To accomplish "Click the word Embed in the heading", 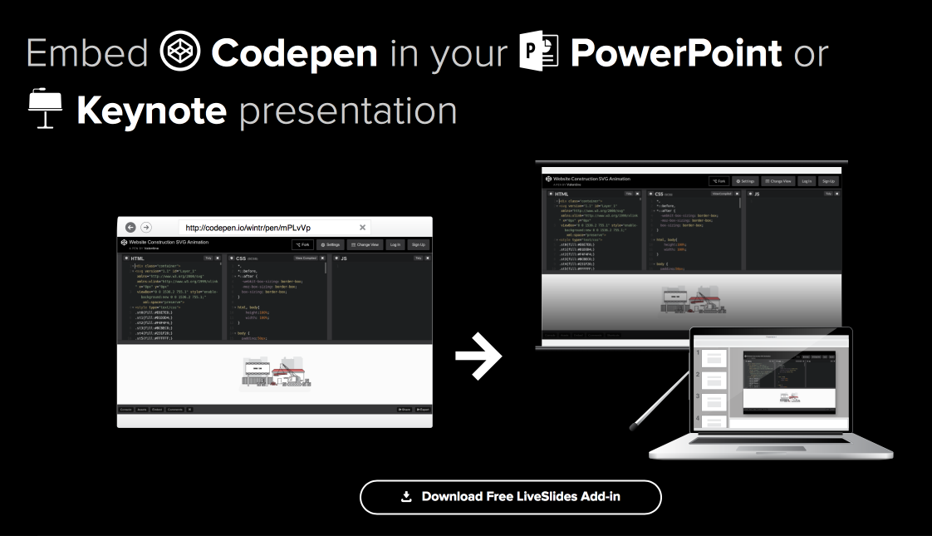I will (87, 53).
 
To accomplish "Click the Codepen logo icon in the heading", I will (180, 52).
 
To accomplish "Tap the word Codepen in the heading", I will (294, 53).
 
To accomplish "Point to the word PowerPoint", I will (676, 53).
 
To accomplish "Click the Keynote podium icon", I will (44, 109).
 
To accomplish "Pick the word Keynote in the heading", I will (151, 111).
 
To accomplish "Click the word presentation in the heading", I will (348, 111).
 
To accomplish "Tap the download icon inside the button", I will (406, 497).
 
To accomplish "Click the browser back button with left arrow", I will (130, 227).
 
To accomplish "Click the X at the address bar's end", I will (362, 227).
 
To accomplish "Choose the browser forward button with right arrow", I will (145, 227).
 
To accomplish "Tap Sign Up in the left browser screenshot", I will (418, 244).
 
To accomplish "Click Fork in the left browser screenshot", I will (303, 244).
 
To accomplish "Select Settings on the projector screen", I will (745, 180).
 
